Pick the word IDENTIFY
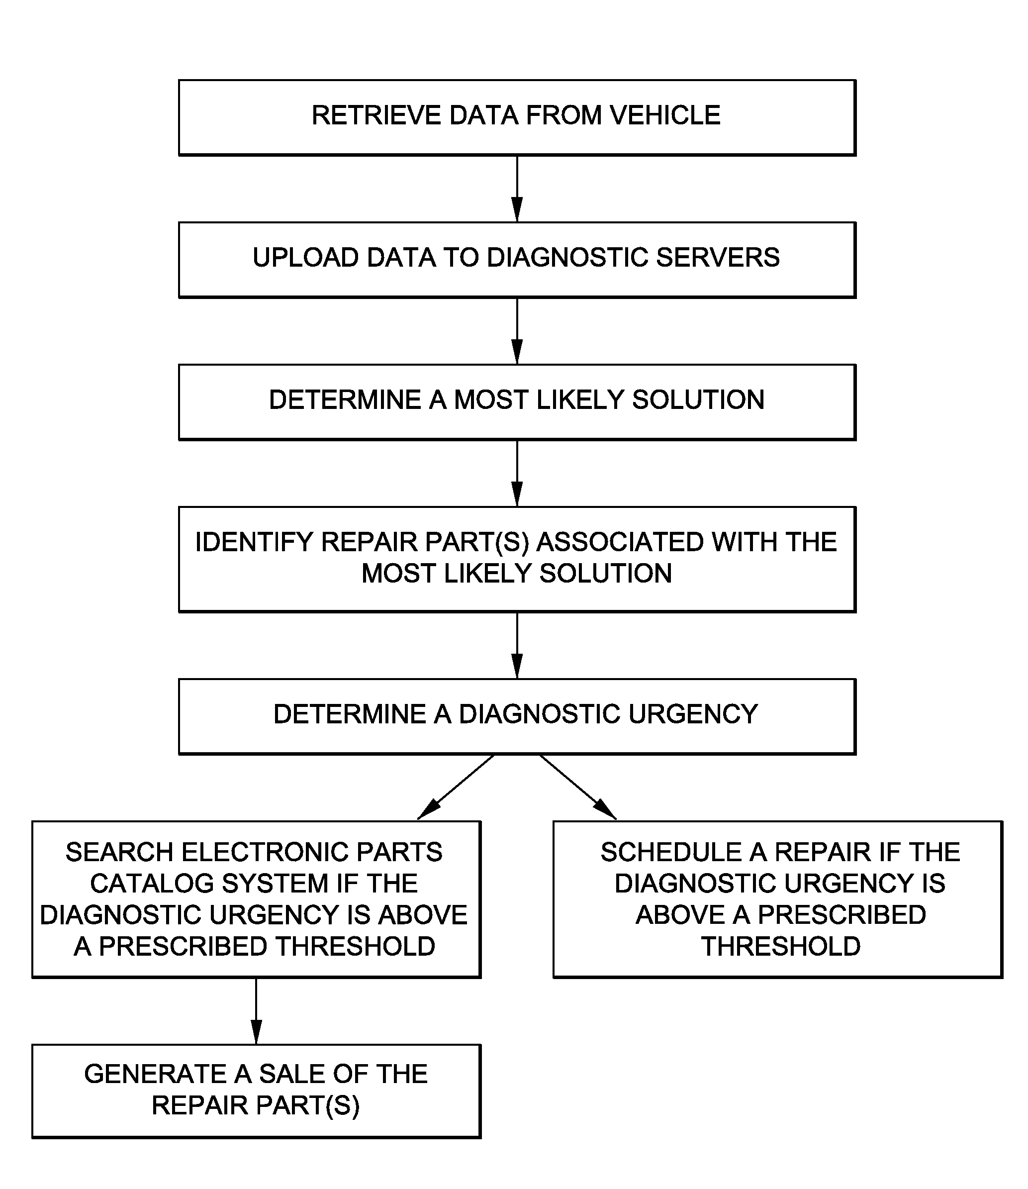pos(254,542)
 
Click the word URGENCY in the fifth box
pos(694,714)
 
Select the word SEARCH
pos(119,852)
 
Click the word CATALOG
pos(152,884)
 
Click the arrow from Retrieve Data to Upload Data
pos(517,189)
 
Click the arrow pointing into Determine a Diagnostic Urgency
pos(517,646)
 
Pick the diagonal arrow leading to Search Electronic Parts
pos(456,788)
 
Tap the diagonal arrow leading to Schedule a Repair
pos(578,788)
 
